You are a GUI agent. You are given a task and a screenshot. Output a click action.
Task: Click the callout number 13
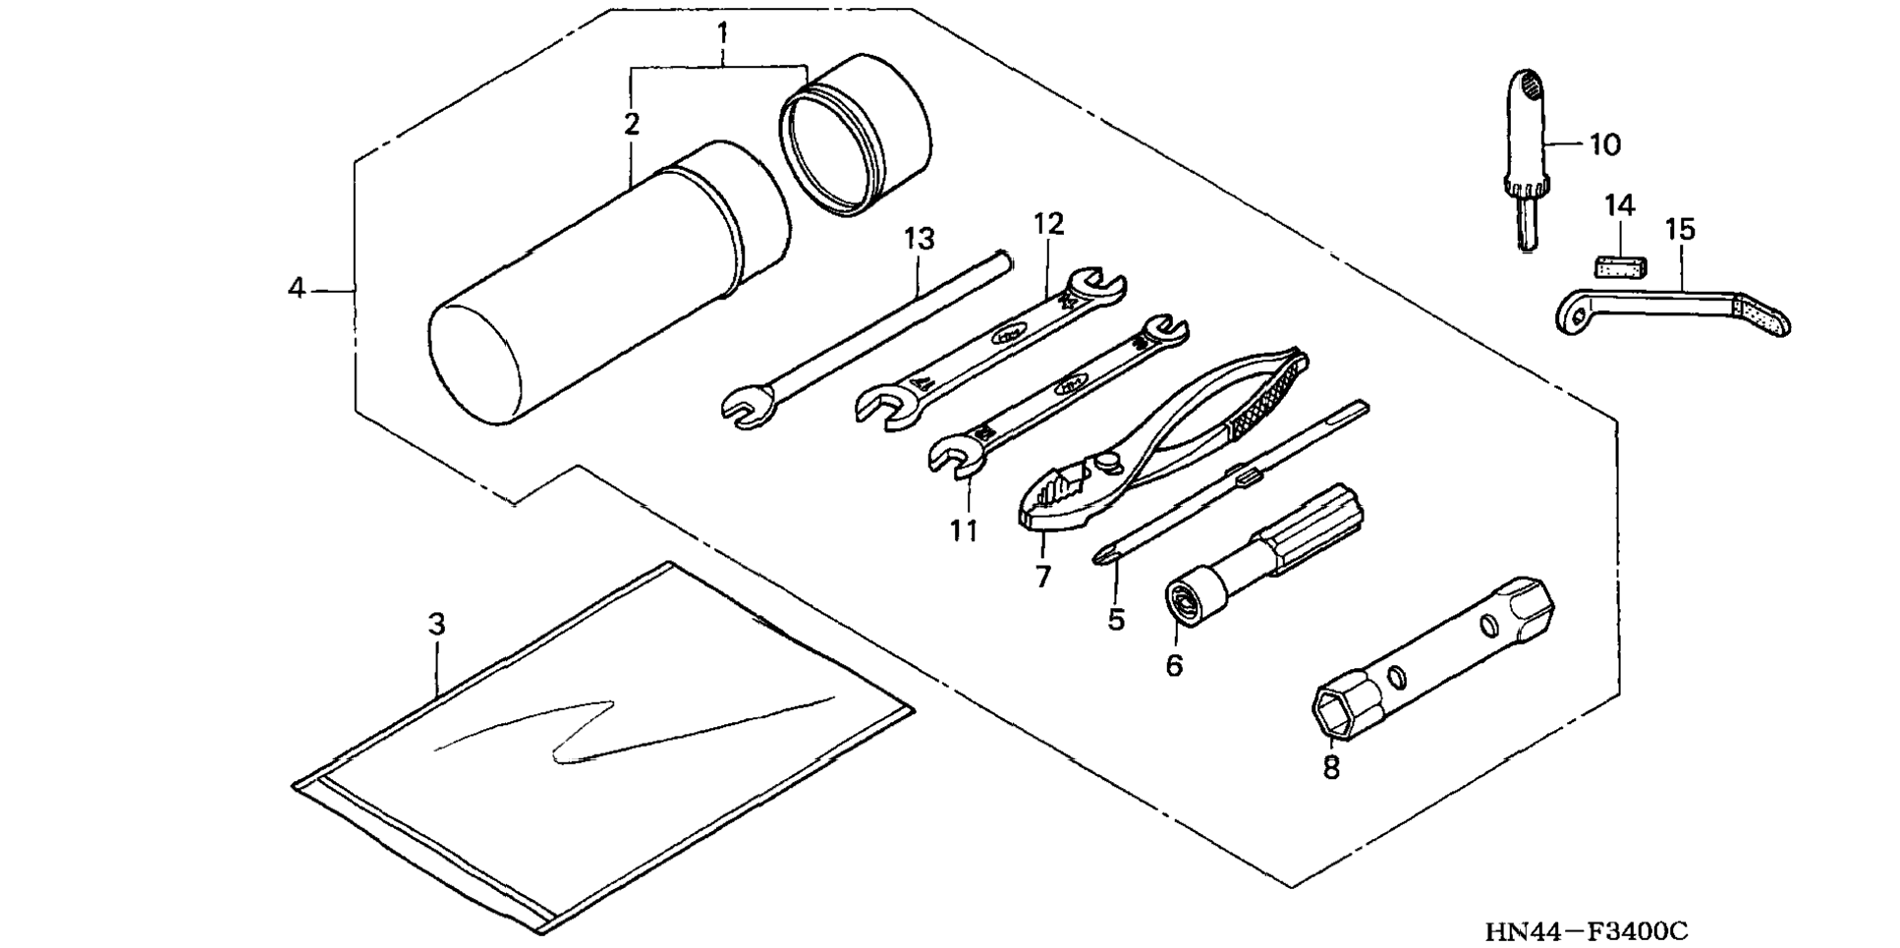pyautogui.click(x=920, y=239)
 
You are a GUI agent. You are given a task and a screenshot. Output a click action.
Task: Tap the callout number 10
pyautogui.click(x=1604, y=145)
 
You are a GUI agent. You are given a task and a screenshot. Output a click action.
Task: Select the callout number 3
pyautogui.click(x=437, y=624)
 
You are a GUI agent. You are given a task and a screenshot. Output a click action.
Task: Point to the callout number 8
pyautogui.click(x=1331, y=767)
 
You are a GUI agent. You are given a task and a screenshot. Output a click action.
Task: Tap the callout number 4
pyautogui.click(x=297, y=289)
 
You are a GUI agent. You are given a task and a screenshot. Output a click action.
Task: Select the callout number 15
pyautogui.click(x=1680, y=230)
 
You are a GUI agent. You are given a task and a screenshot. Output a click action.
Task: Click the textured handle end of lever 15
pyautogui.click(x=1764, y=315)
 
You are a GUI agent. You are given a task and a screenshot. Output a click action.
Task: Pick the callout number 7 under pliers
pyautogui.click(x=1043, y=576)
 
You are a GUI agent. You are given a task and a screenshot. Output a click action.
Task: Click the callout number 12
pyautogui.click(x=1048, y=224)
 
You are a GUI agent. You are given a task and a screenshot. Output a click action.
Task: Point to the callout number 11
pyautogui.click(x=964, y=530)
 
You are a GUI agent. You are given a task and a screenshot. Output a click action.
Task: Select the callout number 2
pyautogui.click(x=631, y=125)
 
